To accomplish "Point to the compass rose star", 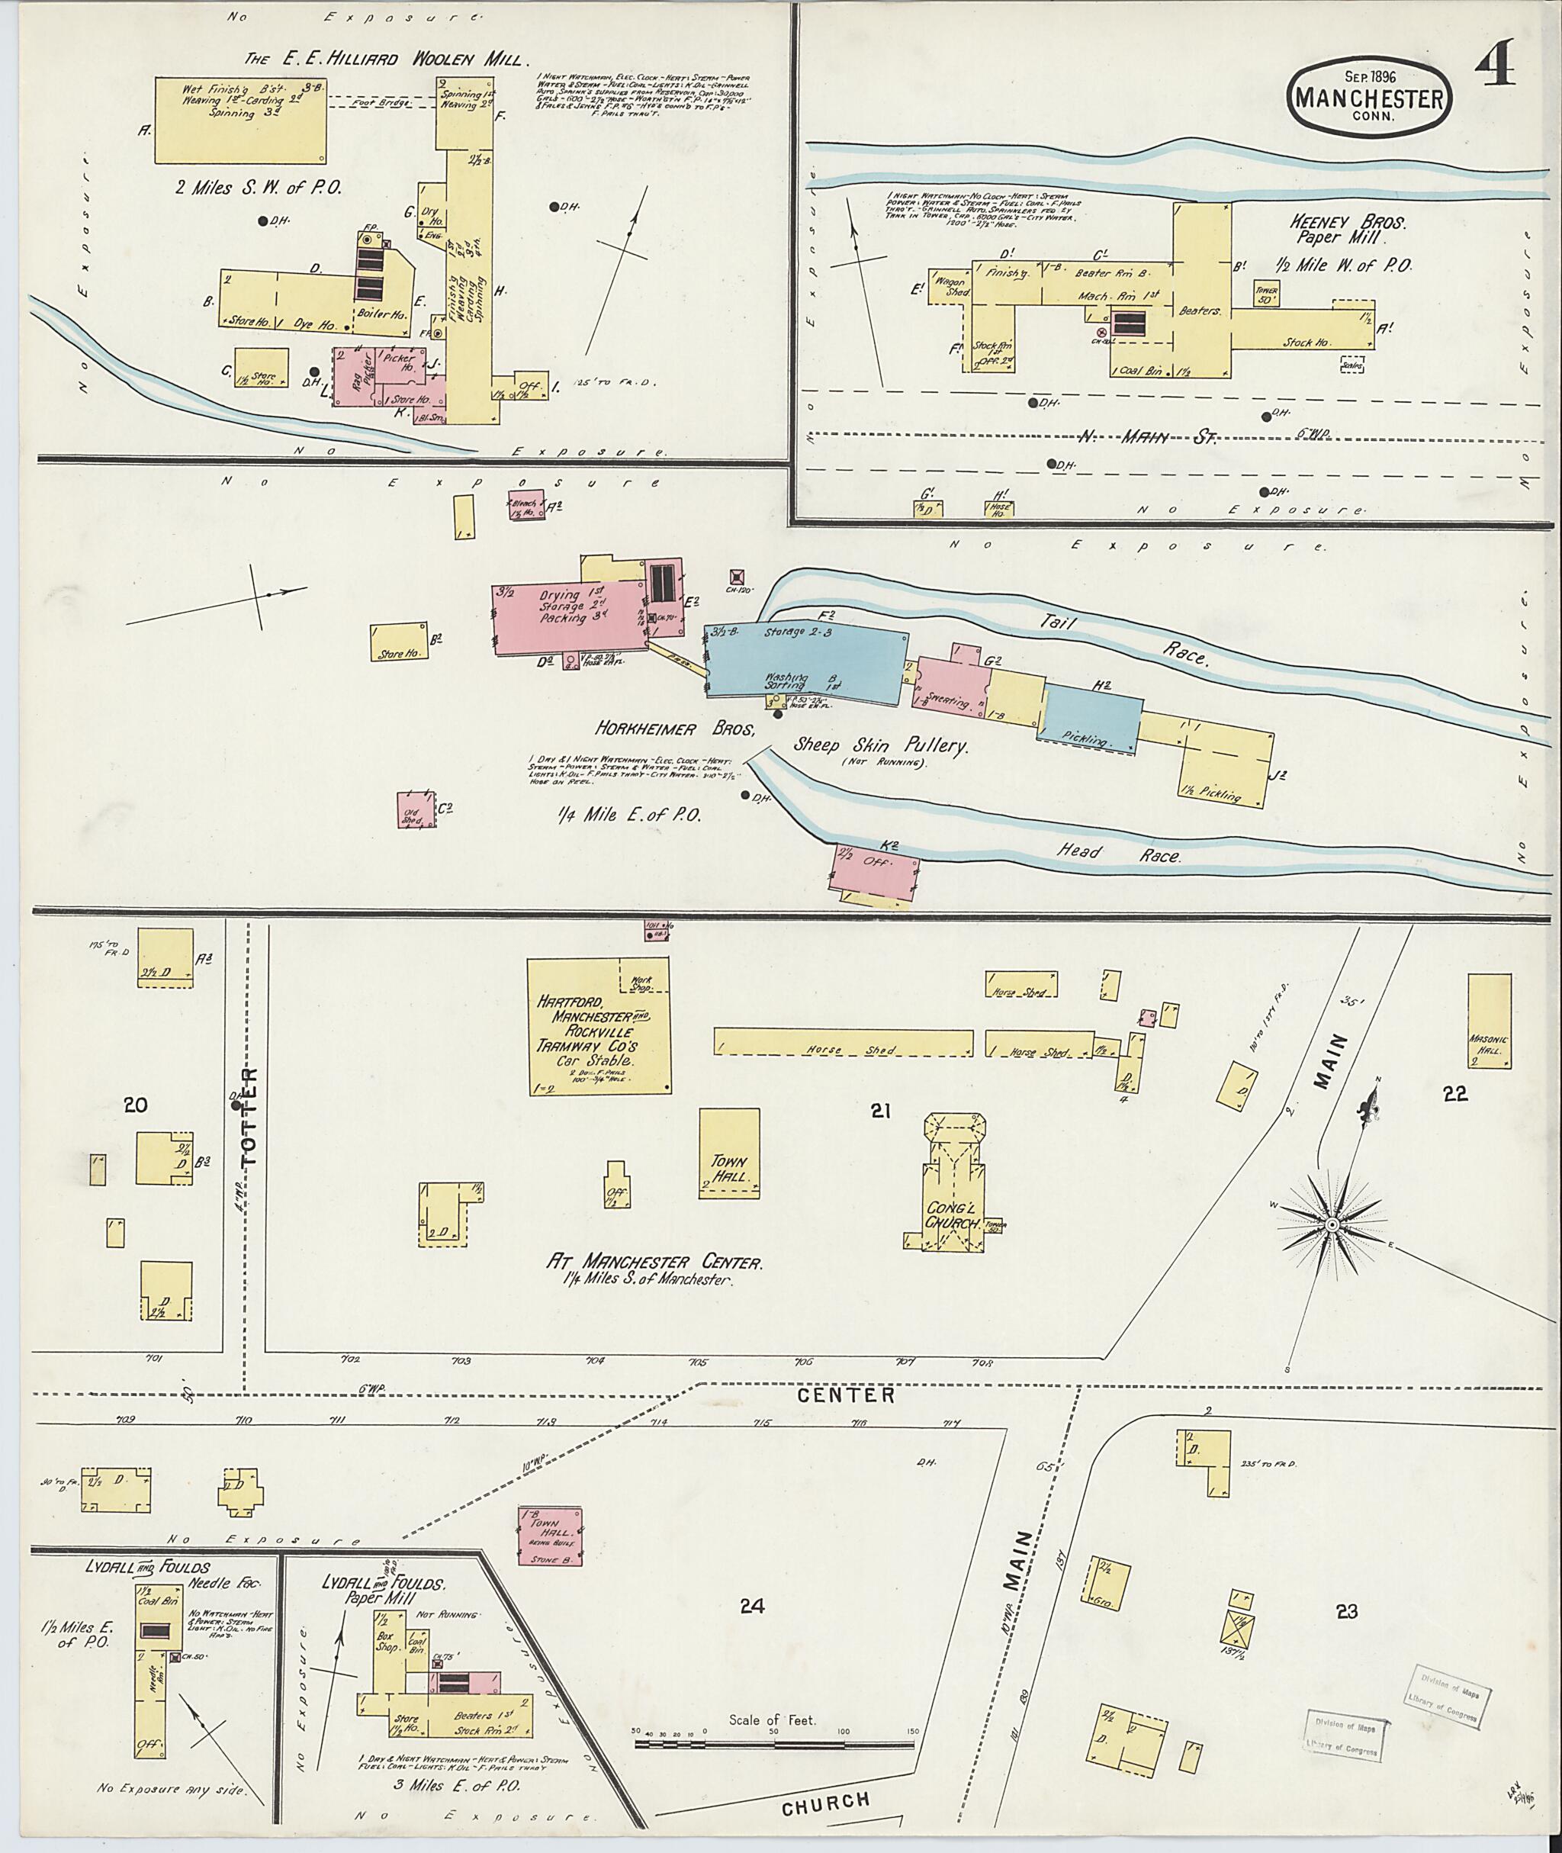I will tap(1331, 1225).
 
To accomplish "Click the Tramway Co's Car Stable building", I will tap(598, 1026).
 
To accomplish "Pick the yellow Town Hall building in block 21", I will tap(728, 1153).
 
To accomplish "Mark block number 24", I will tap(752, 1606).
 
